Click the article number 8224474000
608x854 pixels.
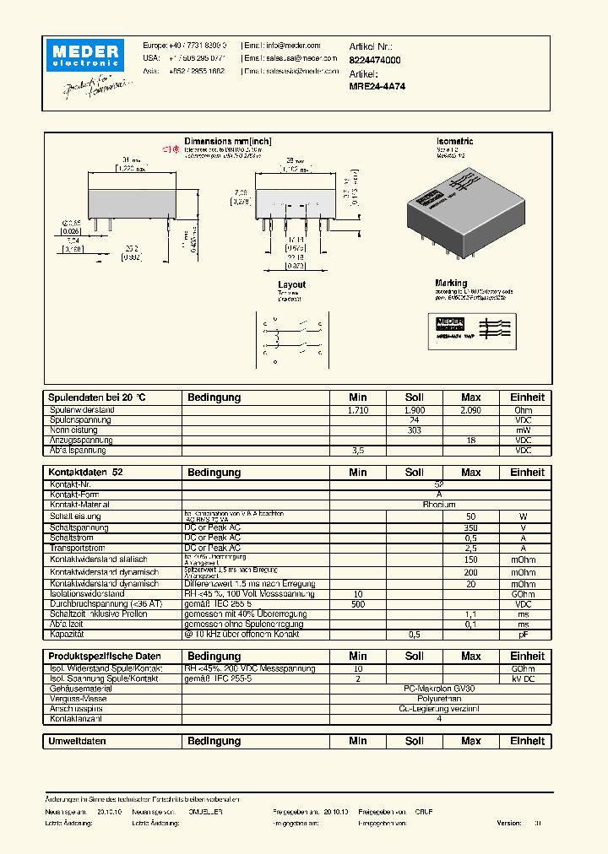coord(375,61)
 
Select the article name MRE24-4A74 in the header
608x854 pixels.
coord(377,86)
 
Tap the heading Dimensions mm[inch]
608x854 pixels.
coord(228,142)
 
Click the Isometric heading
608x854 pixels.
coord(454,142)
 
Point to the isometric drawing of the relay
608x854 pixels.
coord(469,211)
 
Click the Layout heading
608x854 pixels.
coord(291,285)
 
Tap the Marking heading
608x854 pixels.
coord(451,284)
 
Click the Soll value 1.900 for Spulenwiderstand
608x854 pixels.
coord(415,409)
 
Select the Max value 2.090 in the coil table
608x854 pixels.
coord(470,409)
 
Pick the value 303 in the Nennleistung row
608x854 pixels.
coord(415,430)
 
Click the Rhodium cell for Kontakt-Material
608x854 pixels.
coord(439,504)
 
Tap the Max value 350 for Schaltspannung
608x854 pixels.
coord(470,527)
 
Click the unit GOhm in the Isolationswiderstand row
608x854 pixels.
coord(523,594)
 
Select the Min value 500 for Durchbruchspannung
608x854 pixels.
coord(358,604)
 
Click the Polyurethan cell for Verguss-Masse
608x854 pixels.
coord(439,699)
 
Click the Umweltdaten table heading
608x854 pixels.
coord(78,741)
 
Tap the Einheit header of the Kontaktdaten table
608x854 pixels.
coord(527,473)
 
